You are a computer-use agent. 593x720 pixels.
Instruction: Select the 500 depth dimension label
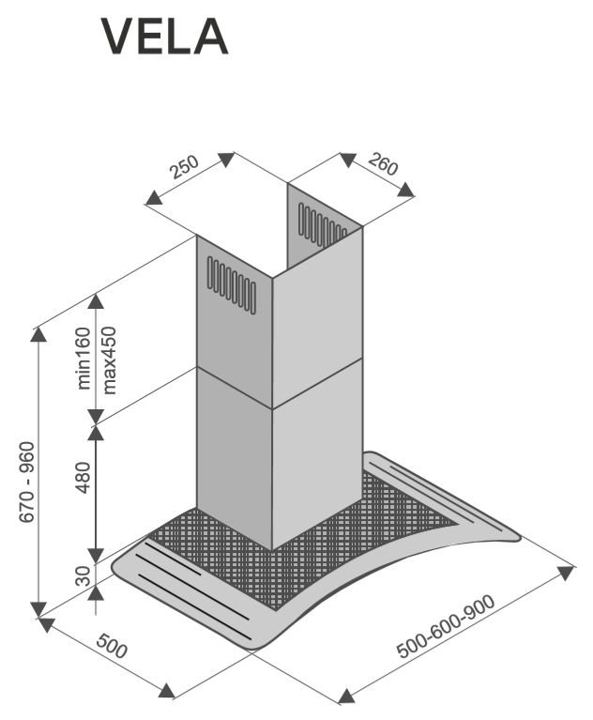(x=111, y=648)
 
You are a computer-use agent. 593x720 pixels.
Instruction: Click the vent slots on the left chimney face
(x=231, y=283)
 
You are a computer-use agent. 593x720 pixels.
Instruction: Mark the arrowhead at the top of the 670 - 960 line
(x=38, y=335)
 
